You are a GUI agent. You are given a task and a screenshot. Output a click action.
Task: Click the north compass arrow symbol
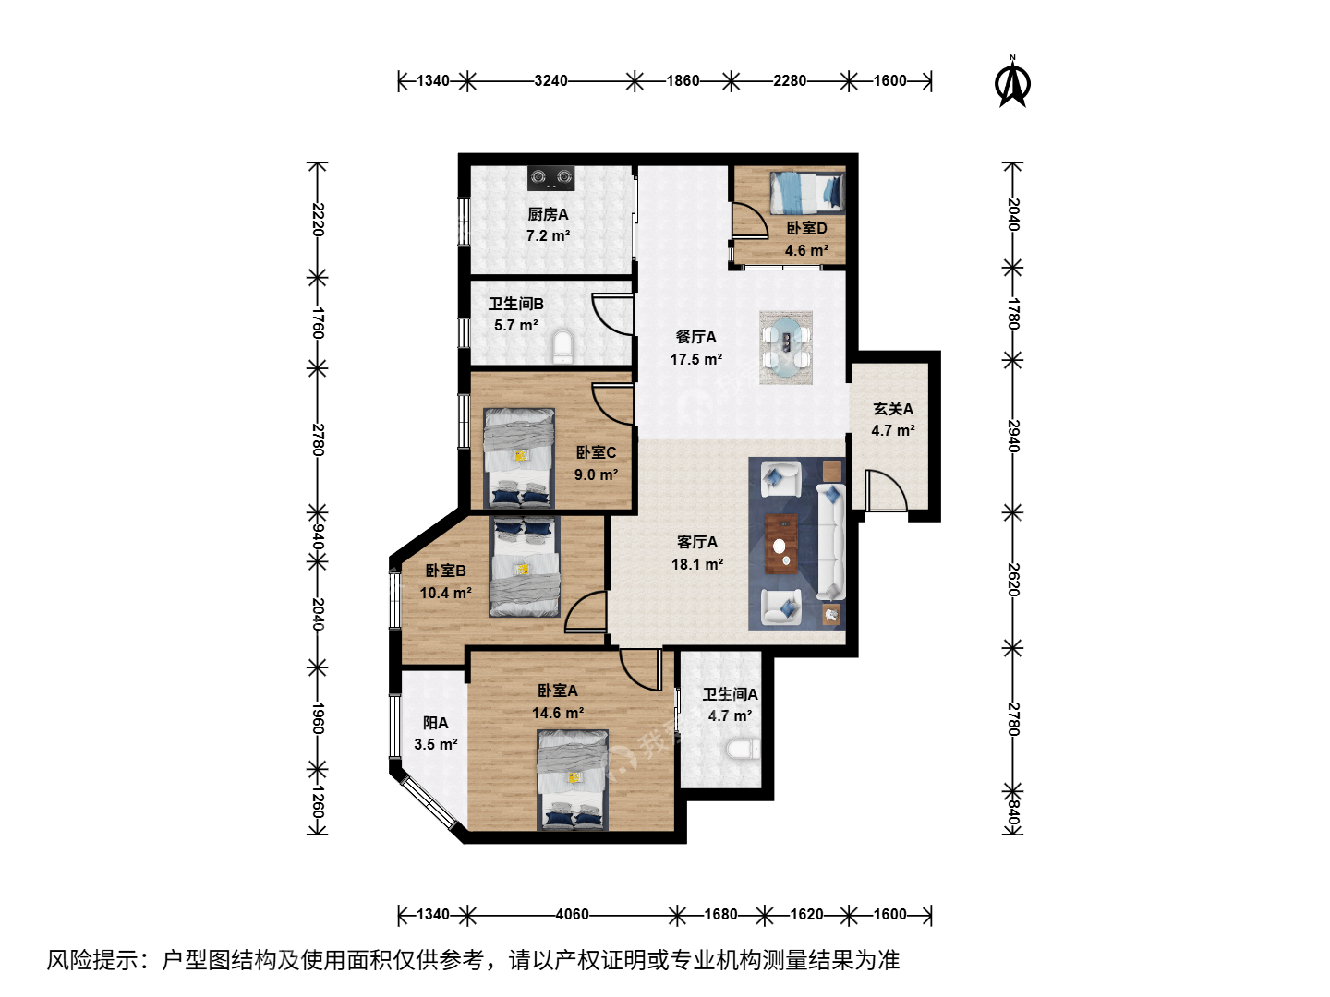pyautogui.click(x=1012, y=81)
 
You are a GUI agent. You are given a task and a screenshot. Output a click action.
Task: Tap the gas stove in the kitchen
pyautogui.click(x=550, y=177)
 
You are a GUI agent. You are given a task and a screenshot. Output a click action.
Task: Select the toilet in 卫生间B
pyautogui.click(x=562, y=346)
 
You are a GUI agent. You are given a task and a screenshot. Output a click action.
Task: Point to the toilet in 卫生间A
pyautogui.click(x=744, y=750)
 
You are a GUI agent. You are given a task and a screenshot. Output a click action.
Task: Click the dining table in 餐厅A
pyautogui.click(x=786, y=347)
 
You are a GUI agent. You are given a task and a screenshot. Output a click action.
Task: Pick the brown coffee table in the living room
pyautogui.click(x=781, y=544)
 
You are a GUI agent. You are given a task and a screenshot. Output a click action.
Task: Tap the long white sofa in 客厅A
pyautogui.click(x=830, y=541)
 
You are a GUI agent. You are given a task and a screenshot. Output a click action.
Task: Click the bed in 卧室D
pyautogui.click(x=807, y=193)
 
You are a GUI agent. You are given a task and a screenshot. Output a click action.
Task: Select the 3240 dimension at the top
pyautogui.click(x=550, y=80)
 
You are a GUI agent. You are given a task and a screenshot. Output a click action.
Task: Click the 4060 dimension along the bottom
pyautogui.click(x=572, y=914)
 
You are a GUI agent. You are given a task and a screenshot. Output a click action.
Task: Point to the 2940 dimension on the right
pyautogui.click(x=1013, y=436)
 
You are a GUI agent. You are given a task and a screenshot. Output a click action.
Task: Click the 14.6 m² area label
pyautogui.click(x=558, y=713)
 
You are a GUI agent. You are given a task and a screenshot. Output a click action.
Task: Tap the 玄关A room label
pyautogui.click(x=893, y=409)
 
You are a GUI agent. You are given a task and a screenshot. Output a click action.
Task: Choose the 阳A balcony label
pyautogui.click(x=436, y=723)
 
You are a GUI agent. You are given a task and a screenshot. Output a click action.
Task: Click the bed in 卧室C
pyautogui.click(x=519, y=458)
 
